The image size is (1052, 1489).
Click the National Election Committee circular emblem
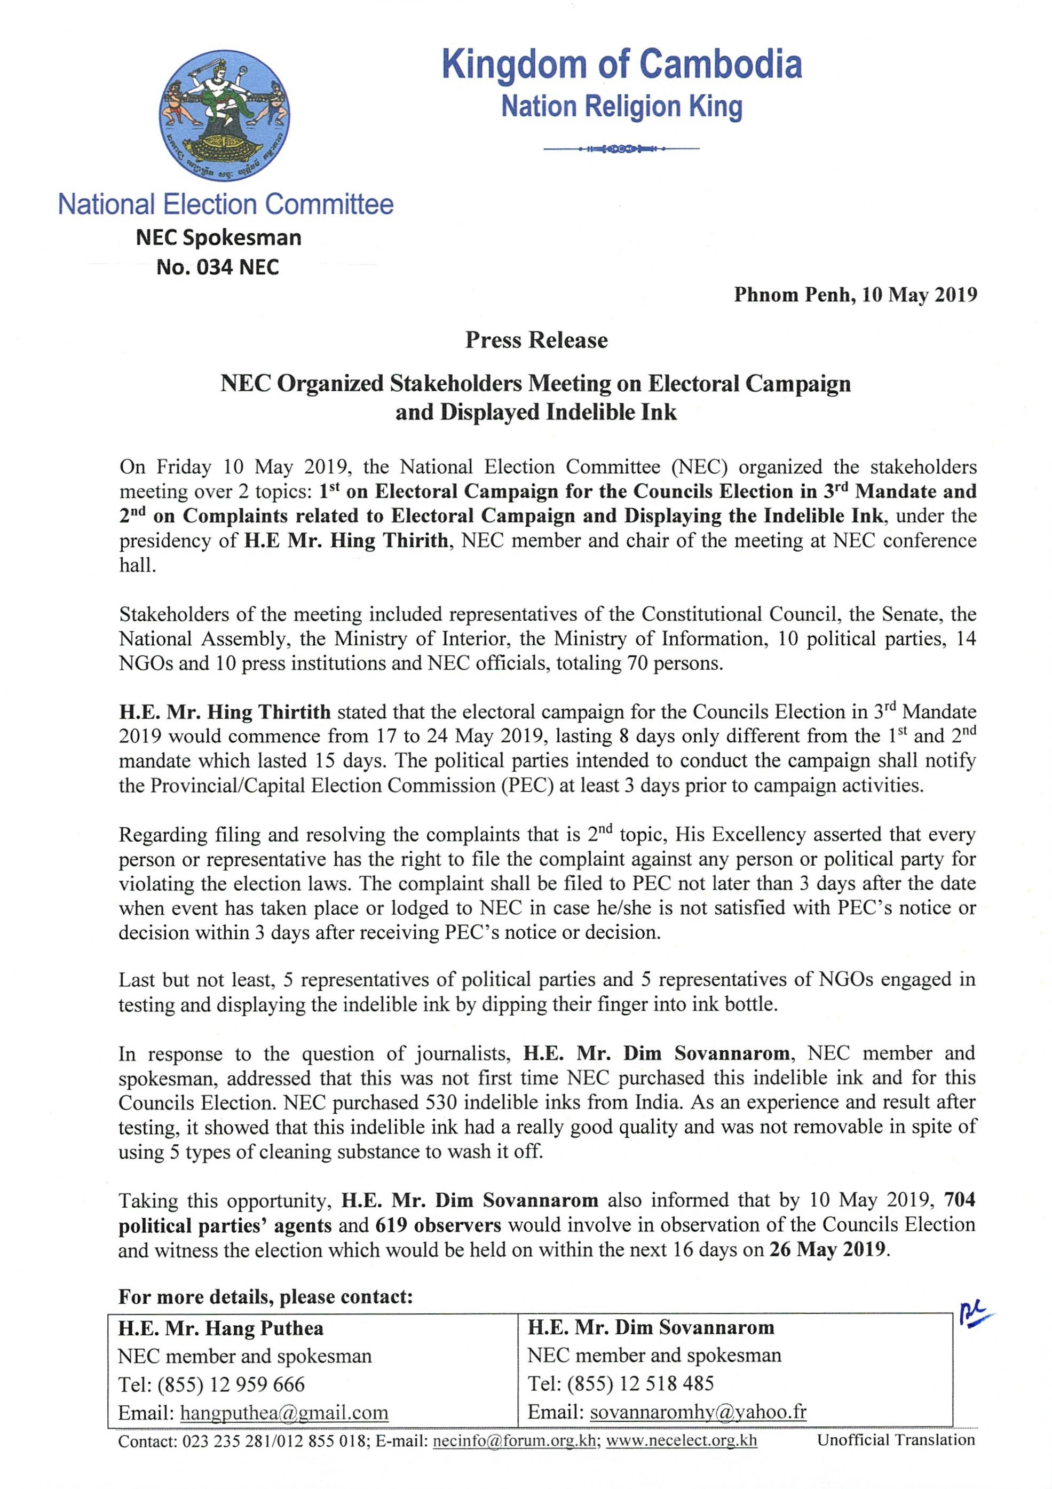(x=224, y=116)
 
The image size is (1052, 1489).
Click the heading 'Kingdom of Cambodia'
(x=621, y=65)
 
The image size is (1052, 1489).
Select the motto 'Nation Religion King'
(x=621, y=107)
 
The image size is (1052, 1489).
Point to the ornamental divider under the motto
(x=621, y=149)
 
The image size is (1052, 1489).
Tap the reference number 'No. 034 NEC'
(x=218, y=267)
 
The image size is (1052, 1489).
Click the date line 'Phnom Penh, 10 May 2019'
(x=855, y=295)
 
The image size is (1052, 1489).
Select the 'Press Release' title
(x=536, y=340)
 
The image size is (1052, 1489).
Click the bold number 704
(x=959, y=1200)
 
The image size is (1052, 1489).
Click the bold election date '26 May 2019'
(x=828, y=1250)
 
